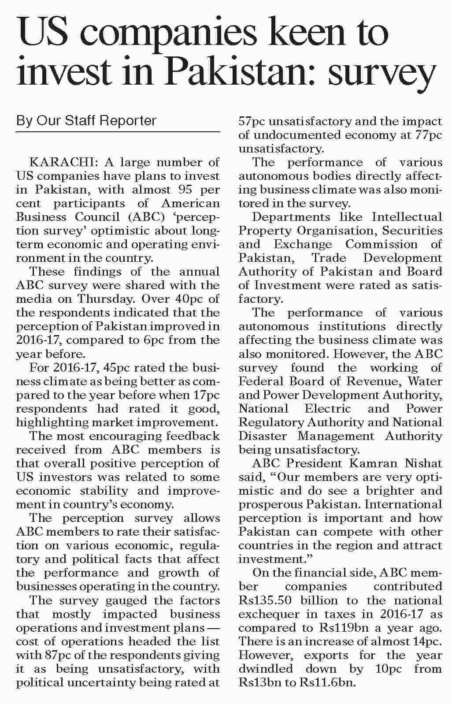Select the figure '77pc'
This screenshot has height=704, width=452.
coord(428,135)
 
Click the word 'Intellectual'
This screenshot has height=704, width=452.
coord(407,217)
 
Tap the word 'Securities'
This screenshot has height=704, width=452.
coord(412,231)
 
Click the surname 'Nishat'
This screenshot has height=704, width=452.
coord(421,463)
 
